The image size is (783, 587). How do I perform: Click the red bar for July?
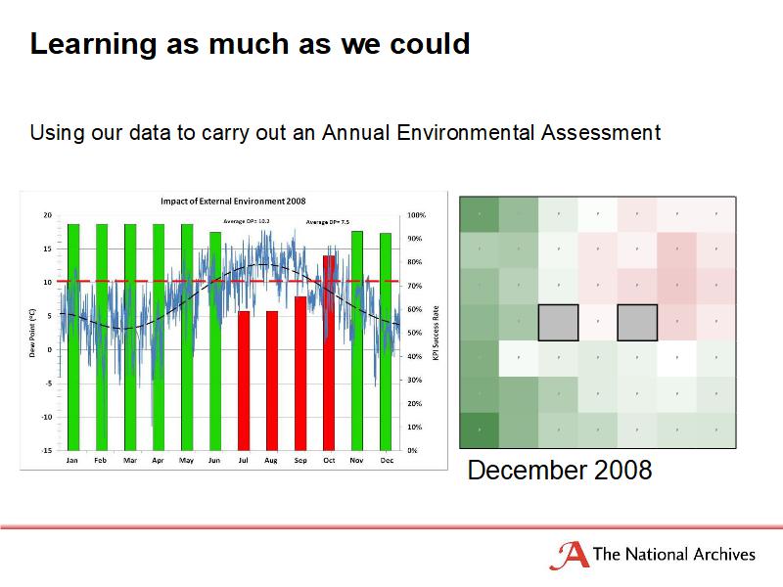pyautogui.click(x=244, y=381)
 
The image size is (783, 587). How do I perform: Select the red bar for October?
pyautogui.click(x=330, y=352)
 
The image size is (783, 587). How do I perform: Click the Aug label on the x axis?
pyautogui.click(x=271, y=460)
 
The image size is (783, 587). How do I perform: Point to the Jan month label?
pyautogui.click(x=72, y=460)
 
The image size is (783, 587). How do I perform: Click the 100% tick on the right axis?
pyautogui.click(x=416, y=214)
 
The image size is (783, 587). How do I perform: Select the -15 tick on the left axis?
pyautogui.click(x=46, y=450)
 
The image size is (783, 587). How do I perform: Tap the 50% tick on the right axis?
pyautogui.click(x=415, y=333)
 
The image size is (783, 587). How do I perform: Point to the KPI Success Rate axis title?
pyautogui.click(x=436, y=333)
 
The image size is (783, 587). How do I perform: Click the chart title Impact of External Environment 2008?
pyautogui.click(x=233, y=201)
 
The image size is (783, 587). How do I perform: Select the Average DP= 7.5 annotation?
pyautogui.click(x=327, y=222)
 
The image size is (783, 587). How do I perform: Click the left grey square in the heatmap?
pyautogui.click(x=558, y=322)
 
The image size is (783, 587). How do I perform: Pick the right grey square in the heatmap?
pyautogui.click(x=637, y=322)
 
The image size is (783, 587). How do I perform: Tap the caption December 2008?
pyautogui.click(x=560, y=471)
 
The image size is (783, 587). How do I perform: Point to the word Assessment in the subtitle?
pyautogui.click(x=600, y=131)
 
